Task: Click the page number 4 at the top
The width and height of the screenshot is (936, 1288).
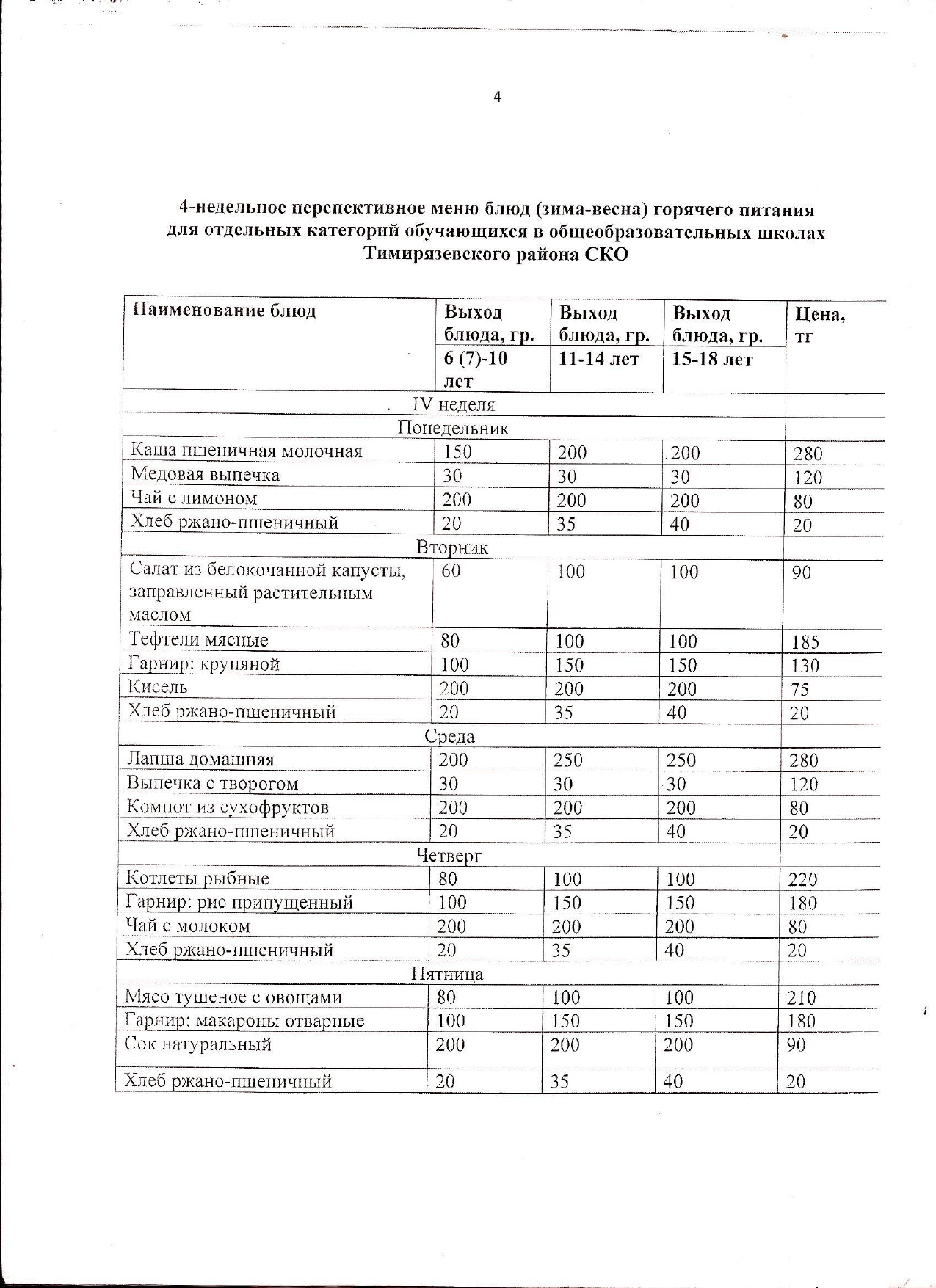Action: point(497,97)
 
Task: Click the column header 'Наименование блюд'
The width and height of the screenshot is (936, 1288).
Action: point(224,310)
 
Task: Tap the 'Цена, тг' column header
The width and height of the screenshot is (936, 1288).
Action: point(820,324)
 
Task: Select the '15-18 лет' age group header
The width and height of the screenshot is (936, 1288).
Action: point(712,360)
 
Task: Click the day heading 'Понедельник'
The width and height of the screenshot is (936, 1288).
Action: point(453,428)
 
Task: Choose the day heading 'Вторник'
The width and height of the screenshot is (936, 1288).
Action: point(451,547)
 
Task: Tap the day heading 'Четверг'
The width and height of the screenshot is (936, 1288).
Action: point(449,855)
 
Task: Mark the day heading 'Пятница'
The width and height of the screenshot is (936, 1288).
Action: point(447,974)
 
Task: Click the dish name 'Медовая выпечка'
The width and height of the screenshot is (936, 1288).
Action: point(205,475)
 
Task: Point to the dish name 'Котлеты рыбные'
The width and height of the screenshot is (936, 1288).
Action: point(197,878)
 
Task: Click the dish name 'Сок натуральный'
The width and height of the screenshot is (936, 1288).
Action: point(197,1044)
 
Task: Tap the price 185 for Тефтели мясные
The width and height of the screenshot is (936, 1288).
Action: point(805,642)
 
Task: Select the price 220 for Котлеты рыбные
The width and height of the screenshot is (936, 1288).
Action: point(802,879)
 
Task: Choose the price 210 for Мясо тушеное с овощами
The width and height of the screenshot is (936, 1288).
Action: point(800,998)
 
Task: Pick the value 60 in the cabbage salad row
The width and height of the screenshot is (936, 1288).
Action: point(451,571)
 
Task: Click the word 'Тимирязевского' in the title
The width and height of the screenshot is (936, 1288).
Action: point(441,255)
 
